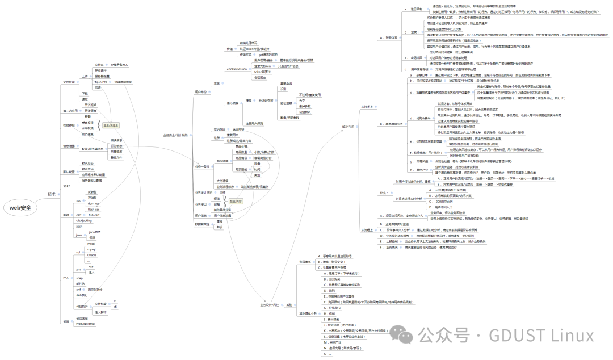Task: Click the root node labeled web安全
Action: click(x=20, y=208)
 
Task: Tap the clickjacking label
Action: click(x=83, y=221)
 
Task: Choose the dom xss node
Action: click(x=93, y=203)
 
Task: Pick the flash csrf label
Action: click(x=94, y=215)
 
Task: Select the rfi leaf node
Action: click(x=115, y=306)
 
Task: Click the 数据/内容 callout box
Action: click(x=236, y=201)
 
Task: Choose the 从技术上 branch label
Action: click(x=367, y=106)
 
